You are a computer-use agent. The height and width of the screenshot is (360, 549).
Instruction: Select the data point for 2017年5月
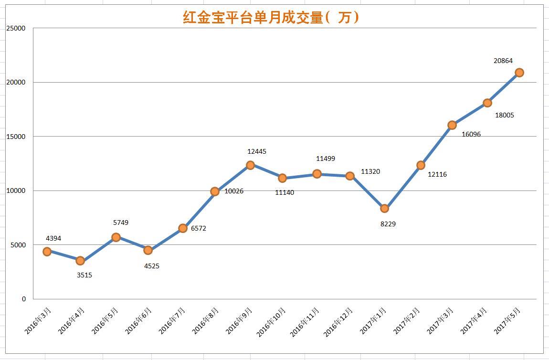519,73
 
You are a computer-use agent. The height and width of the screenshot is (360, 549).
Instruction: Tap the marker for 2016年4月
80,261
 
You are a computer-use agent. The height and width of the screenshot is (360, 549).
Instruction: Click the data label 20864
503,61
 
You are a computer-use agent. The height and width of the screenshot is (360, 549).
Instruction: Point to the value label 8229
388,224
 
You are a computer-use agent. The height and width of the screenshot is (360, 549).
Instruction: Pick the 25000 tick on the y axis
16,28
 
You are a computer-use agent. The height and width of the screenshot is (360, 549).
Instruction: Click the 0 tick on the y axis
23,299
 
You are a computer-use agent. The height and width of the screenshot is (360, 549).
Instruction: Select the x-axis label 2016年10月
272,322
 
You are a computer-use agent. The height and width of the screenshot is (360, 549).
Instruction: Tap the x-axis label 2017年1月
373,321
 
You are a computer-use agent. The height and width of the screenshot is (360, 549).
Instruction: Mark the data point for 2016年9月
250,165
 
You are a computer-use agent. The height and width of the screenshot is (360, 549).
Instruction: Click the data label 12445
257,151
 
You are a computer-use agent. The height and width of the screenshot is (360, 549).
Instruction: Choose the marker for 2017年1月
384,209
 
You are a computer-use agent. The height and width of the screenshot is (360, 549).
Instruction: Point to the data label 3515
84,275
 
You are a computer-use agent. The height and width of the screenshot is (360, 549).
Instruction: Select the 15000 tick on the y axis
16,137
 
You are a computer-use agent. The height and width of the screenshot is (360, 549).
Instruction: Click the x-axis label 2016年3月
39,321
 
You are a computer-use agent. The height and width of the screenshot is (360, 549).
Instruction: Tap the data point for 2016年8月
215,191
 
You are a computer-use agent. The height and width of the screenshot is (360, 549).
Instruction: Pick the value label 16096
471,134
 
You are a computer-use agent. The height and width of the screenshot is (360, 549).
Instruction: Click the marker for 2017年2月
421,165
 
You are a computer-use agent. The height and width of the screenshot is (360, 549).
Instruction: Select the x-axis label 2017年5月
507,321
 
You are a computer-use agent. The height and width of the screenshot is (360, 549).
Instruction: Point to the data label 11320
370,171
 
